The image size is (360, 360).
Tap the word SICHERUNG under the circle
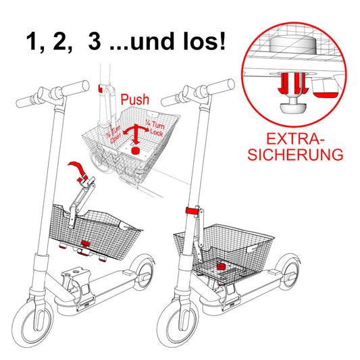tap(294, 154)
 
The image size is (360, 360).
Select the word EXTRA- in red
tap(295, 138)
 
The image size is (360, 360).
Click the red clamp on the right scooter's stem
tap(195, 212)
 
